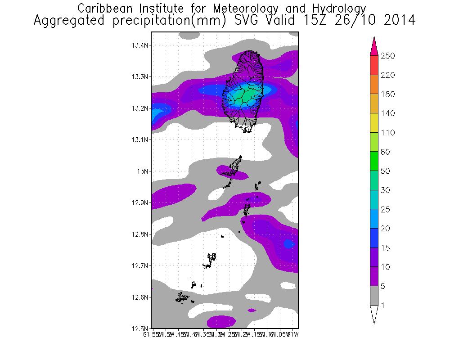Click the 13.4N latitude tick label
coord(140,45)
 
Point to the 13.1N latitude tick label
coord(140,140)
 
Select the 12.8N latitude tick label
coord(140,234)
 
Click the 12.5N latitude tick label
coord(140,328)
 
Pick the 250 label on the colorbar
coord(387,56)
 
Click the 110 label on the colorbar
coord(387,133)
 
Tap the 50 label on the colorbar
coord(386,171)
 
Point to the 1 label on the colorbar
coord(383,306)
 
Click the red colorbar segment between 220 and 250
coord(374,65)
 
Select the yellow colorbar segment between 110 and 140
coord(374,123)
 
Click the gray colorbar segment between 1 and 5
coord(374,296)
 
